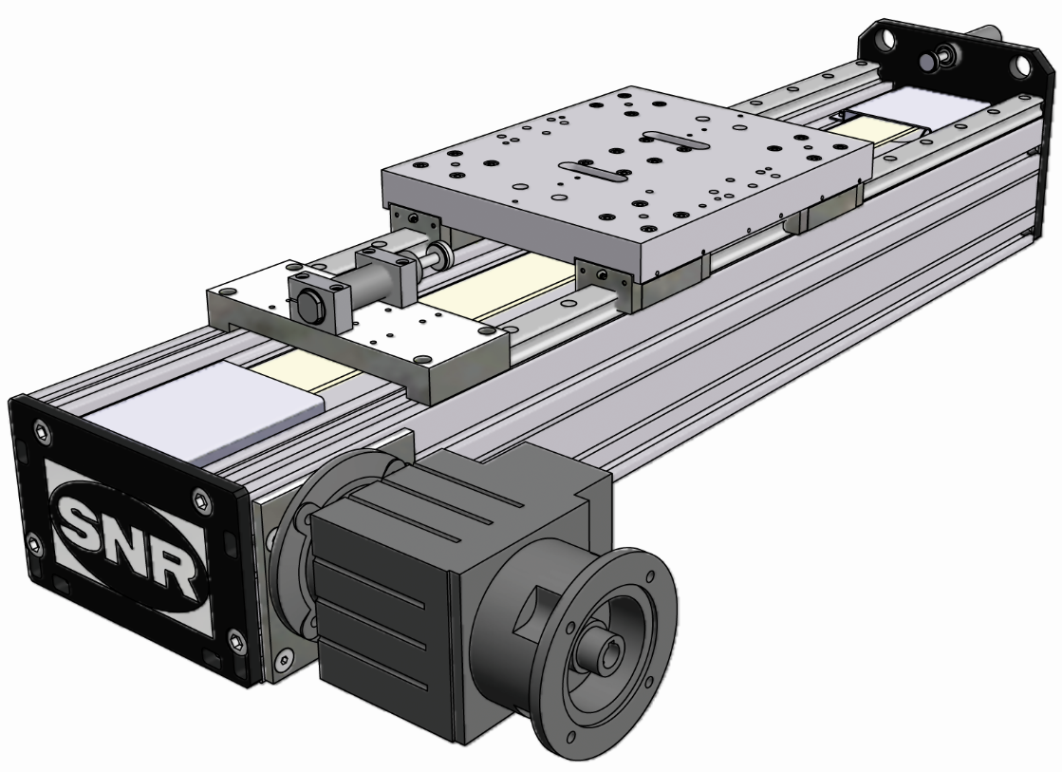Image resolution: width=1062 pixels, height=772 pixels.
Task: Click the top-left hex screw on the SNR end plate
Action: tap(43, 432)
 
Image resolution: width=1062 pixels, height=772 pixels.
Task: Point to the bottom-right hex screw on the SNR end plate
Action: tap(236, 640)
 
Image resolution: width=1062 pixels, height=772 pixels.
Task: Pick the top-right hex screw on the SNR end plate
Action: tap(200, 500)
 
